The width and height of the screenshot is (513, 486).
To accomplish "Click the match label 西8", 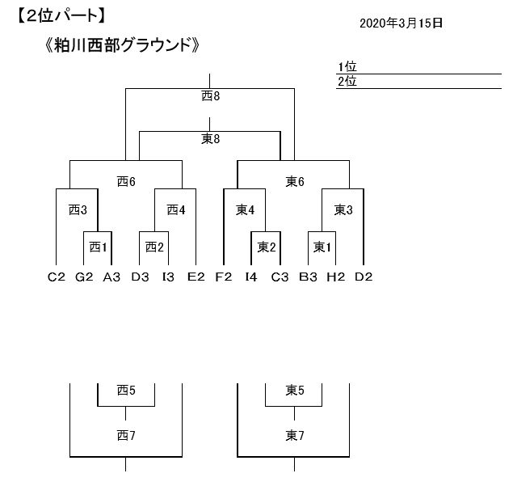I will click(x=210, y=96).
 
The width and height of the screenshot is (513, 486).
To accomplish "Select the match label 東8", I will click(x=210, y=139).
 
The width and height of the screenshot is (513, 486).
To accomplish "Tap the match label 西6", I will click(x=125, y=182).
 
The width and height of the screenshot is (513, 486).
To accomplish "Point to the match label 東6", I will click(x=294, y=182).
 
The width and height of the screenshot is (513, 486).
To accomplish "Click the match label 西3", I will click(x=78, y=210).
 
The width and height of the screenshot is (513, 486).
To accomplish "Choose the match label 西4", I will click(x=176, y=210).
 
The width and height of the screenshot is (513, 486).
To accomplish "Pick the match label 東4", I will click(x=246, y=210).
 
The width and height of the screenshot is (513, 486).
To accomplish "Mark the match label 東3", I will click(x=343, y=210).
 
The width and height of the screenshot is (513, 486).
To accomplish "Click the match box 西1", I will click(x=98, y=247).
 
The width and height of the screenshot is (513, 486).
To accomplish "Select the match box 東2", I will click(x=267, y=247).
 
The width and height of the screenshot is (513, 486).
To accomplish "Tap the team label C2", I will click(x=56, y=277).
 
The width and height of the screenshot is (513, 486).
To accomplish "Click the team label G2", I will click(x=84, y=277).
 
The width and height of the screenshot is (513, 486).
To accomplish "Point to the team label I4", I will click(x=251, y=277).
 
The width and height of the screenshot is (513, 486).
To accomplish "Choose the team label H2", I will click(x=335, y=277).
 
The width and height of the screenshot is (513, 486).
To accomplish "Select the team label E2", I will click(x=196, y=277).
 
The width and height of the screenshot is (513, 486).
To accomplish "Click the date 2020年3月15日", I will click(x=401, y=23).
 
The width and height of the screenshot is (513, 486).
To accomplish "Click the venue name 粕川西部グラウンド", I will click(x=122, y=45).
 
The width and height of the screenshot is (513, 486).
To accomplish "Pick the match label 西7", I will click(x=125, y=436).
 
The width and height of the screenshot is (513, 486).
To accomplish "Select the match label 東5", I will click(x=294, y=391).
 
